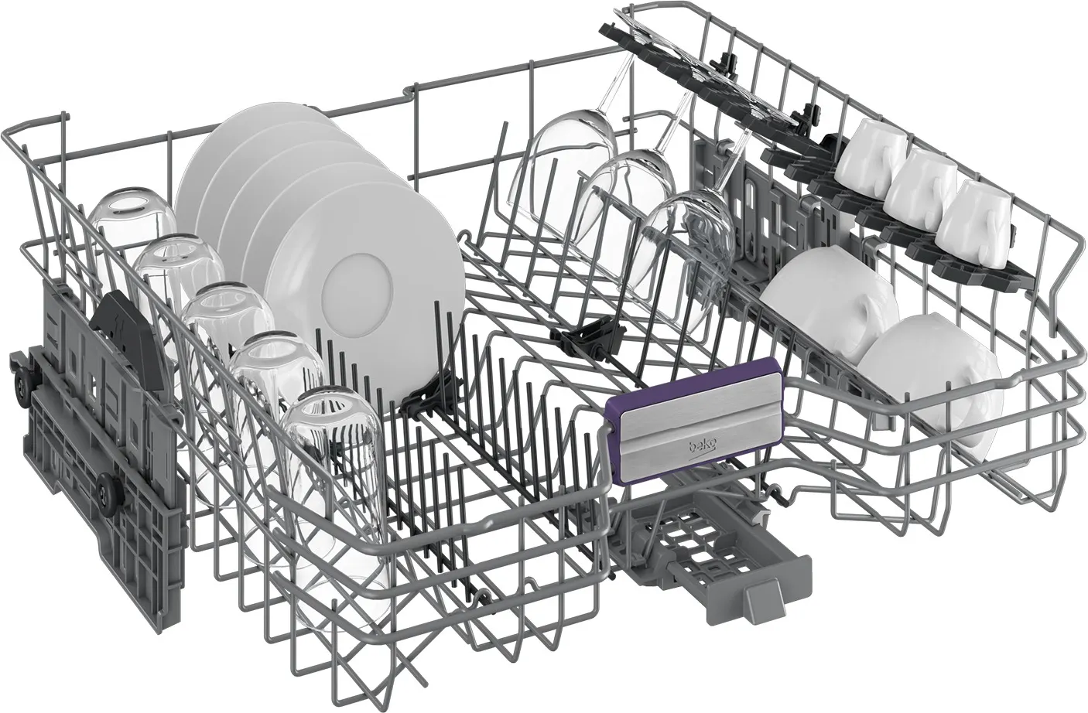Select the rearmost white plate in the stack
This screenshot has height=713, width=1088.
click(x=252, y=160)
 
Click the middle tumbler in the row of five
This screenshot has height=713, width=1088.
click(x=228, y=335)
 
